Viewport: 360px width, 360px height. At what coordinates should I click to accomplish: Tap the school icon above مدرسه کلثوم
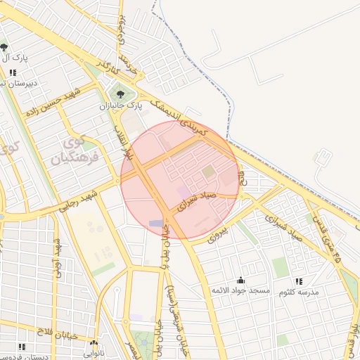(x=300, y=281)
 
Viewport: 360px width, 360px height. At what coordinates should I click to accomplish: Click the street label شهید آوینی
(x=58, y=260)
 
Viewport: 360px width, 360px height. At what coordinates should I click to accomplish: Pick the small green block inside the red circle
(x=207, y=171)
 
